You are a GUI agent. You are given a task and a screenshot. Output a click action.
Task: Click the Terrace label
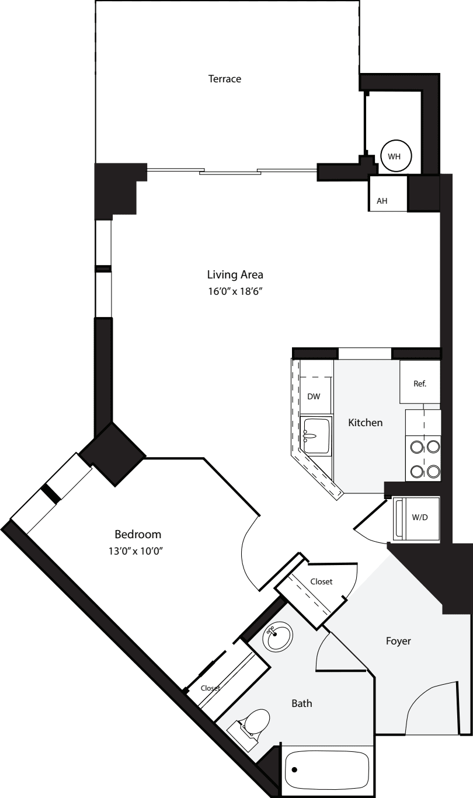coord(225,79)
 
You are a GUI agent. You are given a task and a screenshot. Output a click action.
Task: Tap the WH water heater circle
coord(395,156)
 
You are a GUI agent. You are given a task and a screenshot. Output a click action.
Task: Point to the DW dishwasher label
coord(314,396)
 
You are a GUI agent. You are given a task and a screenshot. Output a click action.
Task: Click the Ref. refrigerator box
coord(419,383)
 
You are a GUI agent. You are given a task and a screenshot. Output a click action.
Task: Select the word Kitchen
coord(365,422)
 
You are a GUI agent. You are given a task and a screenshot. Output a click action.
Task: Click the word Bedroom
coord(138,534)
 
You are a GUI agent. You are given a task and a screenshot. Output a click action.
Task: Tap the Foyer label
coord(398,641)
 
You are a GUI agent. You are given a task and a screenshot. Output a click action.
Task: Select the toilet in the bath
coord(255,723)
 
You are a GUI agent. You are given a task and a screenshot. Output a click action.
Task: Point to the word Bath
coord(301,703)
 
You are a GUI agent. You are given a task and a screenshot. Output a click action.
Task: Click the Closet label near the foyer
coord(321,581)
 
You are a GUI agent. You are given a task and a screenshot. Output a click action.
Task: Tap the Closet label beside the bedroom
coord(210,688)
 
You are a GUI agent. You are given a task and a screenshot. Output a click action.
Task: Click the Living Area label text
coord(236,274)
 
